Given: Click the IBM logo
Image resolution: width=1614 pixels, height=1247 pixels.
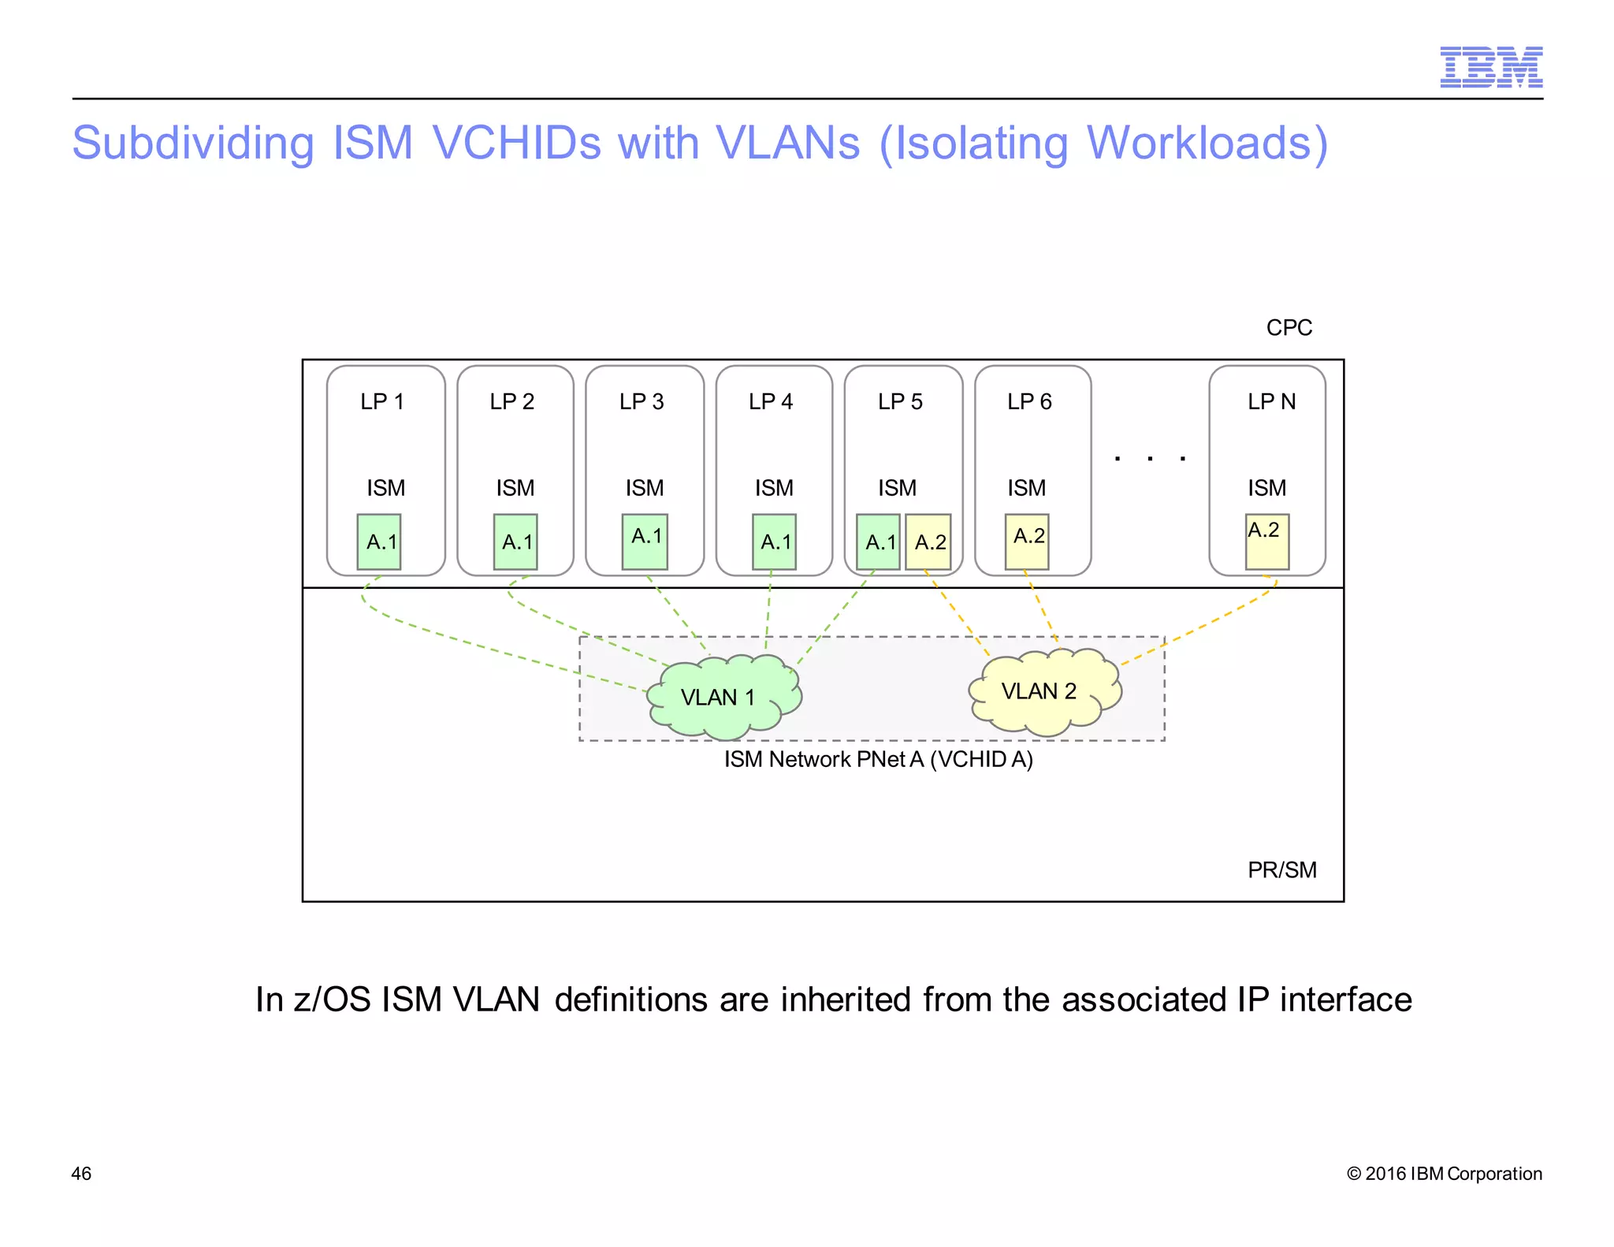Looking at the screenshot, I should point(1490,67).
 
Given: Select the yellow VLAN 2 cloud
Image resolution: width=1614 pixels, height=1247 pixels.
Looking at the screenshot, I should point(1044,691).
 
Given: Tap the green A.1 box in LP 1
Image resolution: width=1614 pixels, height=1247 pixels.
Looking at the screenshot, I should point(379,542).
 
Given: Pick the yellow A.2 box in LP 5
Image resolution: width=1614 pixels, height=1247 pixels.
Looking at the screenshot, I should point(928,542).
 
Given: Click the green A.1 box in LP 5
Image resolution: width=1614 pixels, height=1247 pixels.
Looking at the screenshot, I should point(878,542).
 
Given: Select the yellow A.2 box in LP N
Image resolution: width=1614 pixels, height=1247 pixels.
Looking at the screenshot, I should point(1266,542).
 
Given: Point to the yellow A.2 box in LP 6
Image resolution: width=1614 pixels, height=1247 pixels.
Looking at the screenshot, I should point(1027,542).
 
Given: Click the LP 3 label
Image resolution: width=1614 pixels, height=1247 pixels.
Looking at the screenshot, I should point(642,402).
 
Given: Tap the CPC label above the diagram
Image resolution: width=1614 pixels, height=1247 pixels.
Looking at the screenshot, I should point(1289,328).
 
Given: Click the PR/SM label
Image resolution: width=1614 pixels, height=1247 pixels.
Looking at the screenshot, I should point(1281,870).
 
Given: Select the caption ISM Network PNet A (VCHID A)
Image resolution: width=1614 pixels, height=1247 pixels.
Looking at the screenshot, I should point(878,760).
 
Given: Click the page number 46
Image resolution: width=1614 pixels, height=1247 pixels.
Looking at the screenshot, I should point(81,1174).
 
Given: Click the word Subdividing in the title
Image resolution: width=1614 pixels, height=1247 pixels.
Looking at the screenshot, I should point(193,143).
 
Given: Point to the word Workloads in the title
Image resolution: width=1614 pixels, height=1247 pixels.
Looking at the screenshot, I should point(1198,143).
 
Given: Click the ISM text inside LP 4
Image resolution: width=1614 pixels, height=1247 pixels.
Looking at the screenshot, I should point(774,489).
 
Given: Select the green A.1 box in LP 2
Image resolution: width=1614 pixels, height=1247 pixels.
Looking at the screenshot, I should point(515,542).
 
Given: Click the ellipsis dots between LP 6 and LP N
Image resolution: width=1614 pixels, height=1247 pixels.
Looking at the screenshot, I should point(1150,458).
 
